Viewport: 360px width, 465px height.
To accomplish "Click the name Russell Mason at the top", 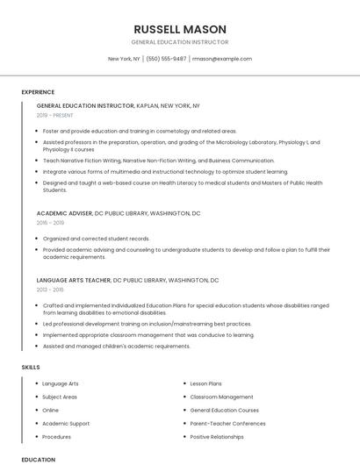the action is point(179,29).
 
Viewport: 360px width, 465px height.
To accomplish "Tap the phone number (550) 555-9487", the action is point(166,59).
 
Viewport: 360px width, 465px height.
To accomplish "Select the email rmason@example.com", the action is point(222,59).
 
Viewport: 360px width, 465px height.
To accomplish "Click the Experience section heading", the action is point(38,92).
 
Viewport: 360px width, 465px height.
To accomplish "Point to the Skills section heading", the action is point(31,367).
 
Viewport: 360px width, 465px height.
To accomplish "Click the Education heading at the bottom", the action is point(38,459).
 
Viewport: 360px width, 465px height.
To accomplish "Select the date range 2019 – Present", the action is point(56,115).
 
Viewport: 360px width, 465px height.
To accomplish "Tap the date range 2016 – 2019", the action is point(50,223).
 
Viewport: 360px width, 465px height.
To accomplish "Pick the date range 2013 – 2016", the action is point(50,289).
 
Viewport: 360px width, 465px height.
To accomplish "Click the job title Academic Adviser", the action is point(65,213).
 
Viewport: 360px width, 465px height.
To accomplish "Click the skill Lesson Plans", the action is point(205,383).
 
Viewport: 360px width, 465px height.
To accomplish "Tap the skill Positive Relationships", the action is point(217,436).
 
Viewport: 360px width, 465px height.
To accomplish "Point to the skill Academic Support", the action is point(66,423).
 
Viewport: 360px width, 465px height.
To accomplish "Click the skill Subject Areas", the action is point(60,397).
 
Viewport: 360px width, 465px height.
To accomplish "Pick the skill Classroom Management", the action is point(221,397).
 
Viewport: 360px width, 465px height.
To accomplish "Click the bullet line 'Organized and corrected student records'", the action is point(96,239).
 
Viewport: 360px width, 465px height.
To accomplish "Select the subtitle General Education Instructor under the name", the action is point(179,42).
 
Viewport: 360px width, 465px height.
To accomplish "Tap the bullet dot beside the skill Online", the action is point(36,410).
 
